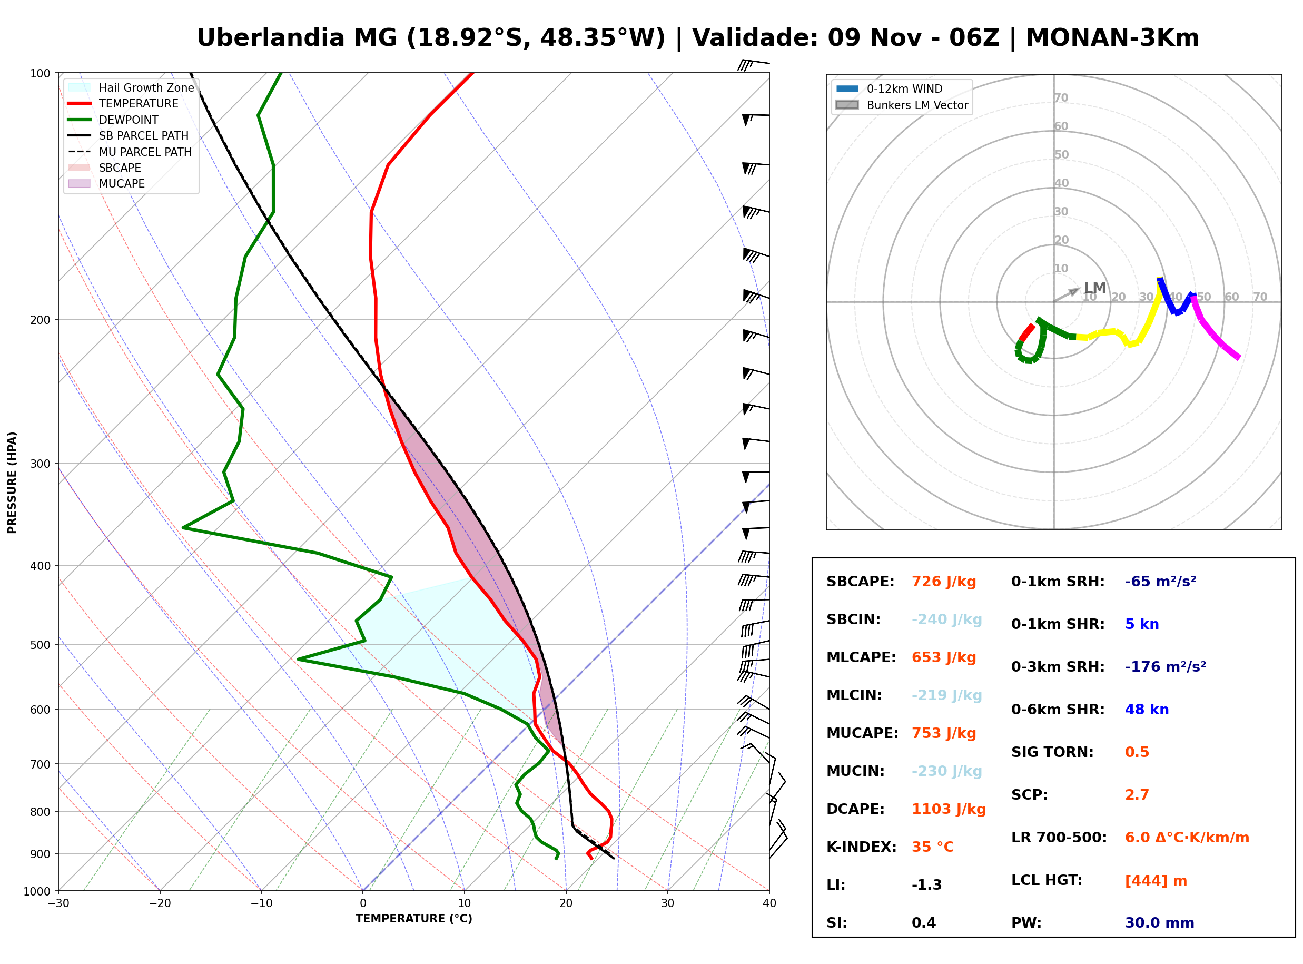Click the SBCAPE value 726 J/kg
944,582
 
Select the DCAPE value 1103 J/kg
949,809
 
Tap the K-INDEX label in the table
862,847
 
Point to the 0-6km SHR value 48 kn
1147,710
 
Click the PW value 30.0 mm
1160,923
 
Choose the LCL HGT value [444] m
1156,881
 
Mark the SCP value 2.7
1137,795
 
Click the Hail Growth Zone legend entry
131,87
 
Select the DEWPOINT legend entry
113,120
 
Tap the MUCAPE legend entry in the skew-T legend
107,183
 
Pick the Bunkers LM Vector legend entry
902,105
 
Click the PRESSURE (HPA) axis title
12,483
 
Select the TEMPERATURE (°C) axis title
414,919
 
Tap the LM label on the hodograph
1095,288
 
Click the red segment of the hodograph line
1026,332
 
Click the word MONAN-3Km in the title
1112,38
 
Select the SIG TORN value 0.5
1137,752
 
